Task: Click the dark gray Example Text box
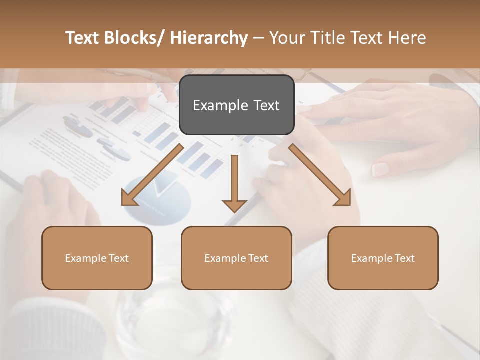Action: point(236,105)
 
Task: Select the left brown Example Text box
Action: point(97,258)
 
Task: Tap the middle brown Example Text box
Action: point(236,258)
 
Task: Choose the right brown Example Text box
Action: point(383,258)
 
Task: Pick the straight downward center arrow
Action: point(234,182)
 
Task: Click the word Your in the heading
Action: point(286,38)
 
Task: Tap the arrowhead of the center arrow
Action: point(234,205)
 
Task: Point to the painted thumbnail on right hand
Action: point(381,169)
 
